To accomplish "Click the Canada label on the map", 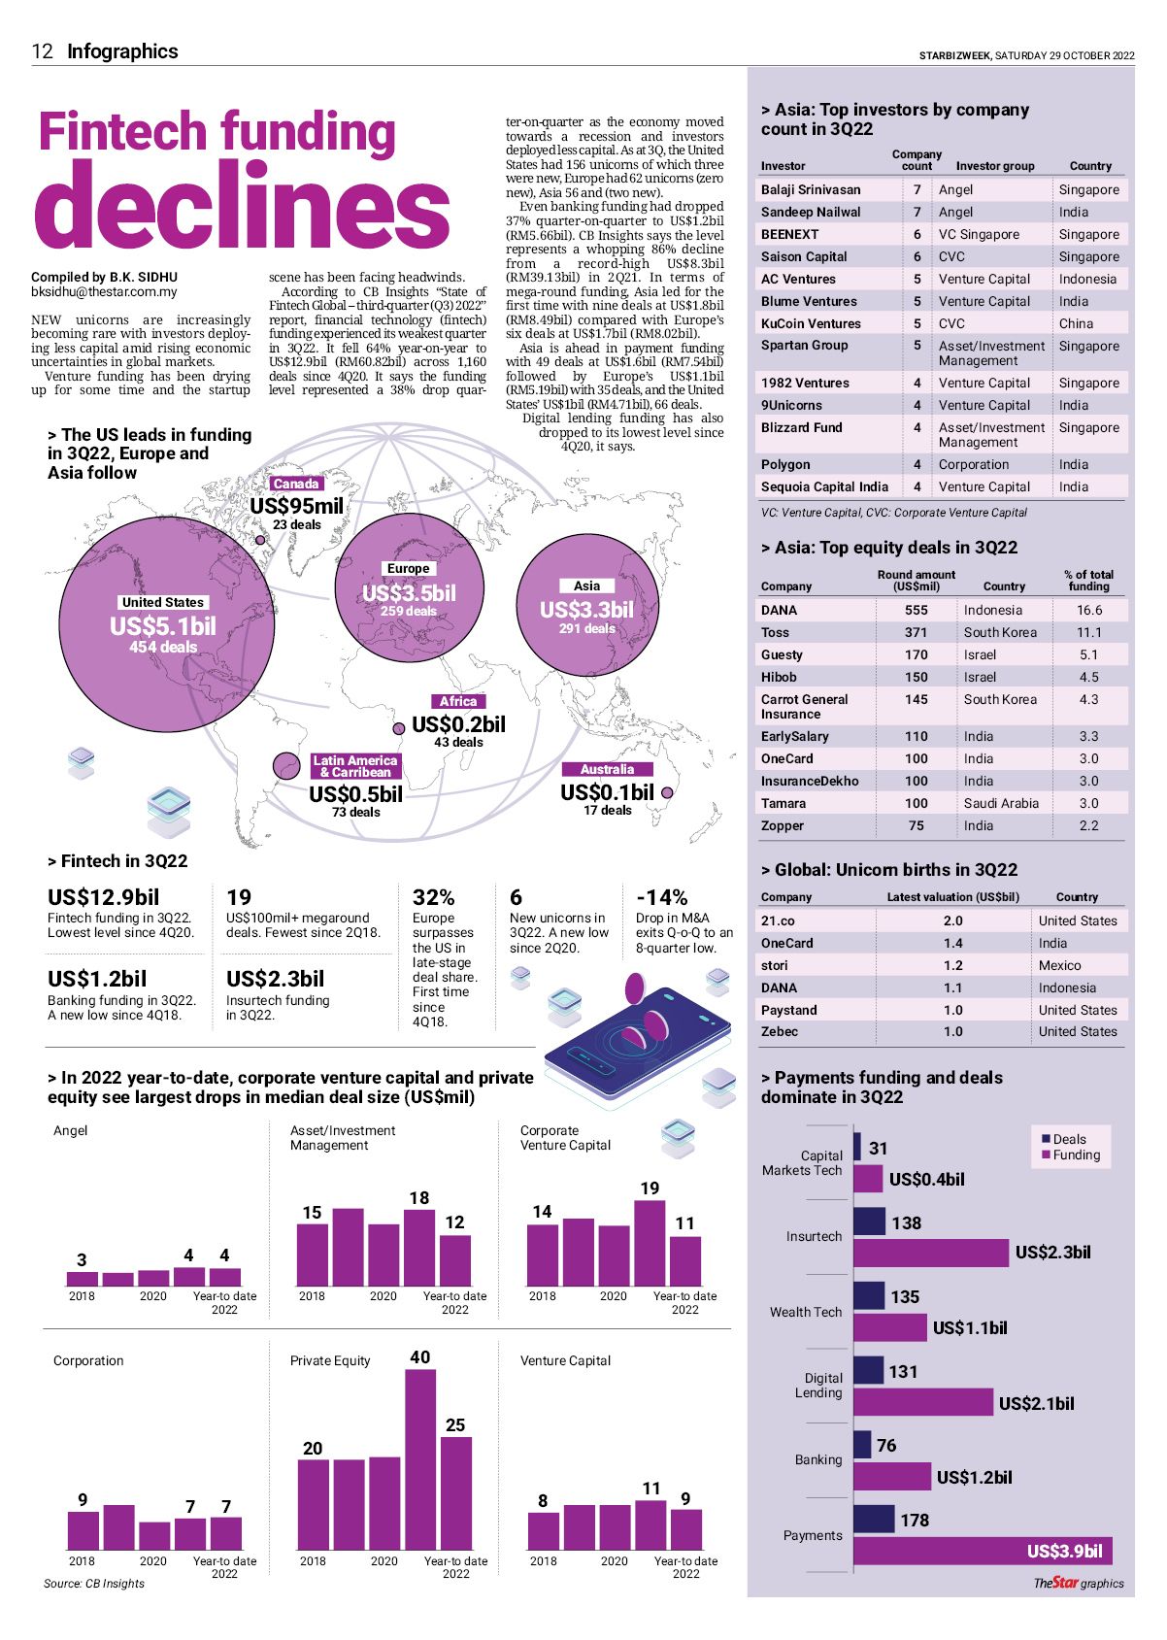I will pos(296,484).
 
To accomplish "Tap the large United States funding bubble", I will pos(166,621).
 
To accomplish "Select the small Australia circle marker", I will pos(667,793).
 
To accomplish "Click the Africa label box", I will pos(457,701).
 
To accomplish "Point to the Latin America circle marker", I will pos(286,767).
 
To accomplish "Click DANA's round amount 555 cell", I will pos(916,610).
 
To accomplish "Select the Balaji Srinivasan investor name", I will pos(811,189).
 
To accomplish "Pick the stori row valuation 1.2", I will pos(952,965).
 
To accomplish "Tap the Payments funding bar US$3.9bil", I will pos(983,1551).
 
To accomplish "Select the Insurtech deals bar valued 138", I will pos(870,1222).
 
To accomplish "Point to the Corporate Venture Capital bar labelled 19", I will pos(650,1243).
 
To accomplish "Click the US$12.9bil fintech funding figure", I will pos(103,897).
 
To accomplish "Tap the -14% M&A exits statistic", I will pos(661,897).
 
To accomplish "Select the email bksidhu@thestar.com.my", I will pos(104,291).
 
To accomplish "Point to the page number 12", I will pos(42,51).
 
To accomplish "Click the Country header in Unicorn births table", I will pos(1076,897).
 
